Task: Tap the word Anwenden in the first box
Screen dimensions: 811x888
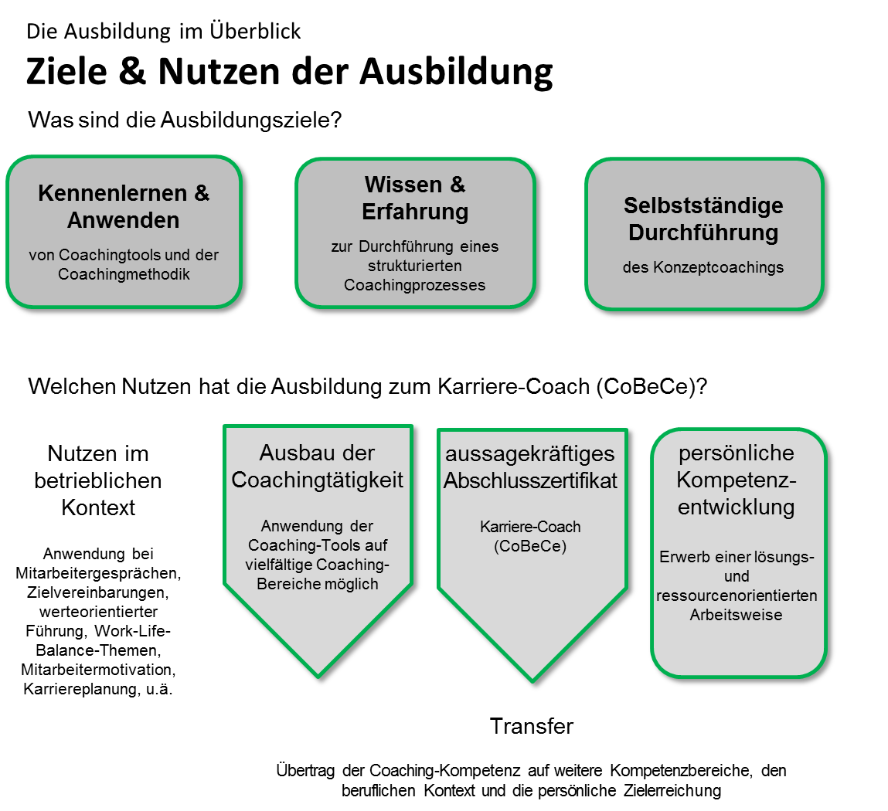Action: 124,220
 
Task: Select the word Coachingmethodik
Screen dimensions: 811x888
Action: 124,274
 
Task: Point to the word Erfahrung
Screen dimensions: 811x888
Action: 415,212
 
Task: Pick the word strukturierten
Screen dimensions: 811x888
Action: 415,266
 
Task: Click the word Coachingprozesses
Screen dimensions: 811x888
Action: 415,286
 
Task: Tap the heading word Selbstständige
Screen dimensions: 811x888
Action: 703,205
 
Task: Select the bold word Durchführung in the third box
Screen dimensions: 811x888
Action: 703,232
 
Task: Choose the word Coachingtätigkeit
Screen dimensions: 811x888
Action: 318,480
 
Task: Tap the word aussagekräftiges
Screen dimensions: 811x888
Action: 530,454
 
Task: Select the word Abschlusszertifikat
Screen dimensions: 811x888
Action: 530,481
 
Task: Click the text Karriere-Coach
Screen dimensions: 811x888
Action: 530,528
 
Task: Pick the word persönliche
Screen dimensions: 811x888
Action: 737,453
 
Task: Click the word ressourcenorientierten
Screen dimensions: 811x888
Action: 737,596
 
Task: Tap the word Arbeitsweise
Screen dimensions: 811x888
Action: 737,616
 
